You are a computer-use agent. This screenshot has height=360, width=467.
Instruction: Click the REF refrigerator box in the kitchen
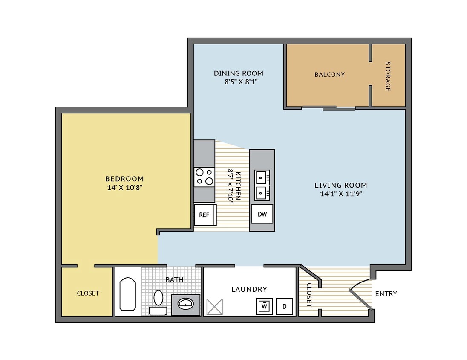click(205, 215)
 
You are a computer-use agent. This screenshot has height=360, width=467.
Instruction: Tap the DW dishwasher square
click(262, 214)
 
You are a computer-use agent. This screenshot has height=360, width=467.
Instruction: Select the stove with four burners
click(204, 177)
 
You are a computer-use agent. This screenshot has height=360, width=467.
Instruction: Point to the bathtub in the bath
click(128, 294)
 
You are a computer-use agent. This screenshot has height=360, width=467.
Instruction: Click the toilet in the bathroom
click(158, 302)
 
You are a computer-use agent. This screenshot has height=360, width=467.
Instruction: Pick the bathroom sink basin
click(186, 304)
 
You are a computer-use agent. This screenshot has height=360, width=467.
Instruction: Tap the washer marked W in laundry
click(264, 306)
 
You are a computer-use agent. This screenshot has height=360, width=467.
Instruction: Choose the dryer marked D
click(284, 306)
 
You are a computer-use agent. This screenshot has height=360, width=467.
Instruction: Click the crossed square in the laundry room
click(215, 307)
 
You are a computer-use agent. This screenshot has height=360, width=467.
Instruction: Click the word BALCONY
click(329, 75)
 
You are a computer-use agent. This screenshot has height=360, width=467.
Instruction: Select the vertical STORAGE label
click(388, 76)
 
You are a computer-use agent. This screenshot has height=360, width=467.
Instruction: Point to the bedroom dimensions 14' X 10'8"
click(124, 188)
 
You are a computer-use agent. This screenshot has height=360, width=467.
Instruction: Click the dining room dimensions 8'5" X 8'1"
click(238, 82)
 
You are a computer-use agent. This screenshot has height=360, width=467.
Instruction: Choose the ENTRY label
click(386, 294)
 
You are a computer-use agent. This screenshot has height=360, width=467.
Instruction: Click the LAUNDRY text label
click(249, 289)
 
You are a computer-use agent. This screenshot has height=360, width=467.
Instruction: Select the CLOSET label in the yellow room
click(88, 293)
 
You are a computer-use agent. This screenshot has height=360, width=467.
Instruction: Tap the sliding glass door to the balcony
click(329, 108)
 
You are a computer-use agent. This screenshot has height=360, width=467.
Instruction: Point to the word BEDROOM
click(124, 179)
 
